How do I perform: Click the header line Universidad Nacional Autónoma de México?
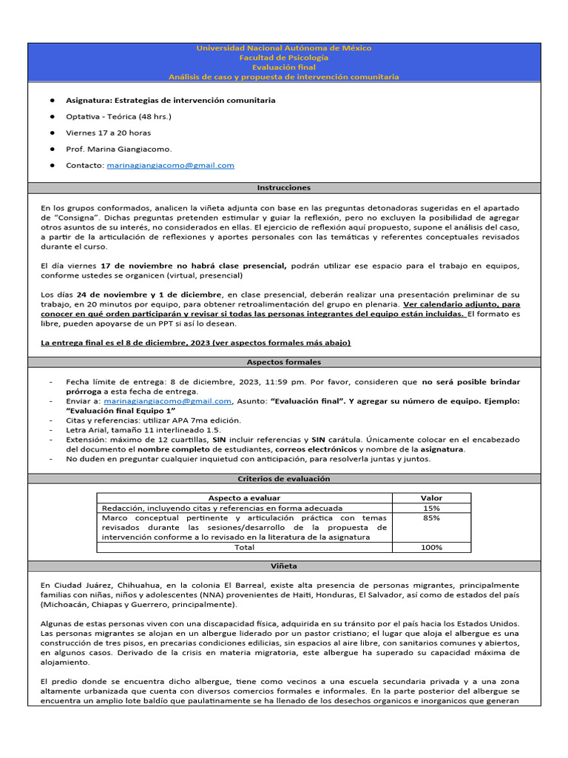pos(284,48)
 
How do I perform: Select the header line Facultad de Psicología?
pos(284,58)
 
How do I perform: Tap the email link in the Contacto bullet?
pos(170,165)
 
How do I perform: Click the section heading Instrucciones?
pos(284,188)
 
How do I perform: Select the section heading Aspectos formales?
pos(284,362)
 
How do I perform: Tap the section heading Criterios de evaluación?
pos(284,479)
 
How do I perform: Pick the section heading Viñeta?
pos(284,566)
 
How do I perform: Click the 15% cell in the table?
pos(431,509)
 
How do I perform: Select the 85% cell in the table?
pos(431,518)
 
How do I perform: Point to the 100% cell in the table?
pos(431,547)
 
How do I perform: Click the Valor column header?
pos(431,498)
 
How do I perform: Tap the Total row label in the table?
pos(244,547)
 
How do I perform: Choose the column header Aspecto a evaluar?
pos(244,498)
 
